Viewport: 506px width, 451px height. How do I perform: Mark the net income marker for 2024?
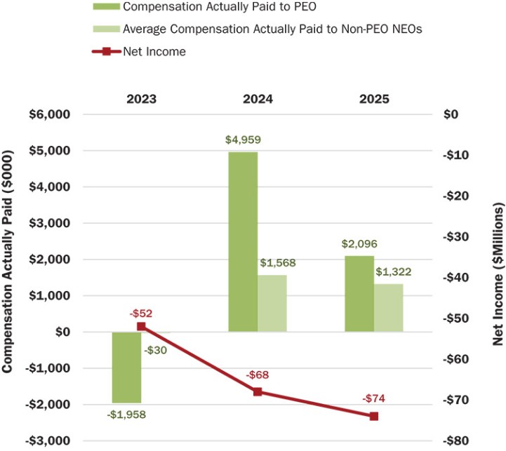[x=258, y=391]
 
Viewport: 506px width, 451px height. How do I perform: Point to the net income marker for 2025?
[x=374, y=416]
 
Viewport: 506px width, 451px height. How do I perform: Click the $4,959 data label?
[x=241, y=140]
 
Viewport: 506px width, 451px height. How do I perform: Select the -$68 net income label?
[x=257, y=375]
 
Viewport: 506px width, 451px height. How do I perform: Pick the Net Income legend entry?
[x=154, y=51]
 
